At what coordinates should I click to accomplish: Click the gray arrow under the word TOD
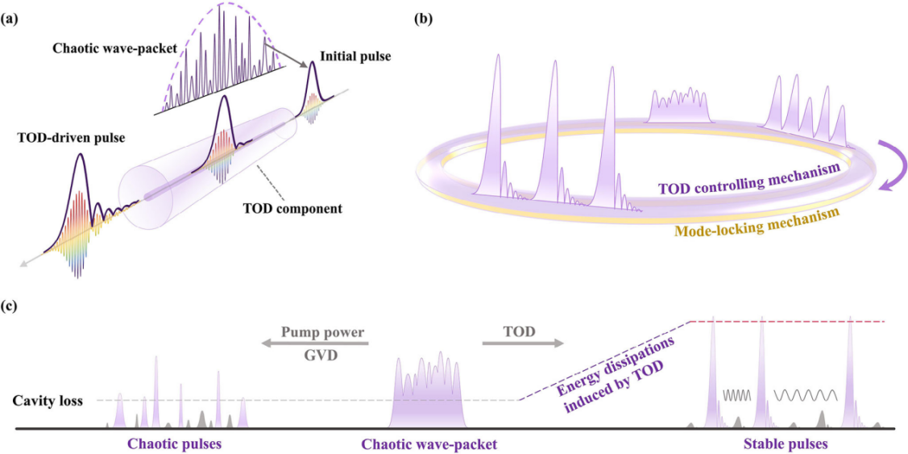pyautogui.click(x=522, y=344)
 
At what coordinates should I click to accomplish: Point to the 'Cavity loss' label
pyautogui.click(x=48, y=400)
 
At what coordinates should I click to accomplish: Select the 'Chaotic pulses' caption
pyautogui.click(x=174, y=444)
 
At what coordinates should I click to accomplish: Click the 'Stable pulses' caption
pyautogui.click(x=786, y=444)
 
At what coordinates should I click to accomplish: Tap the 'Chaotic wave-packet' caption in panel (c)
pyautogui.click(x=429, y=444)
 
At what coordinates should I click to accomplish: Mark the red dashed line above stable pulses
pyautogui.click(x=790, y=322)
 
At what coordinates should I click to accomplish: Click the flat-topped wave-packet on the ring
pyautogui.click(x=682, y=104)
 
